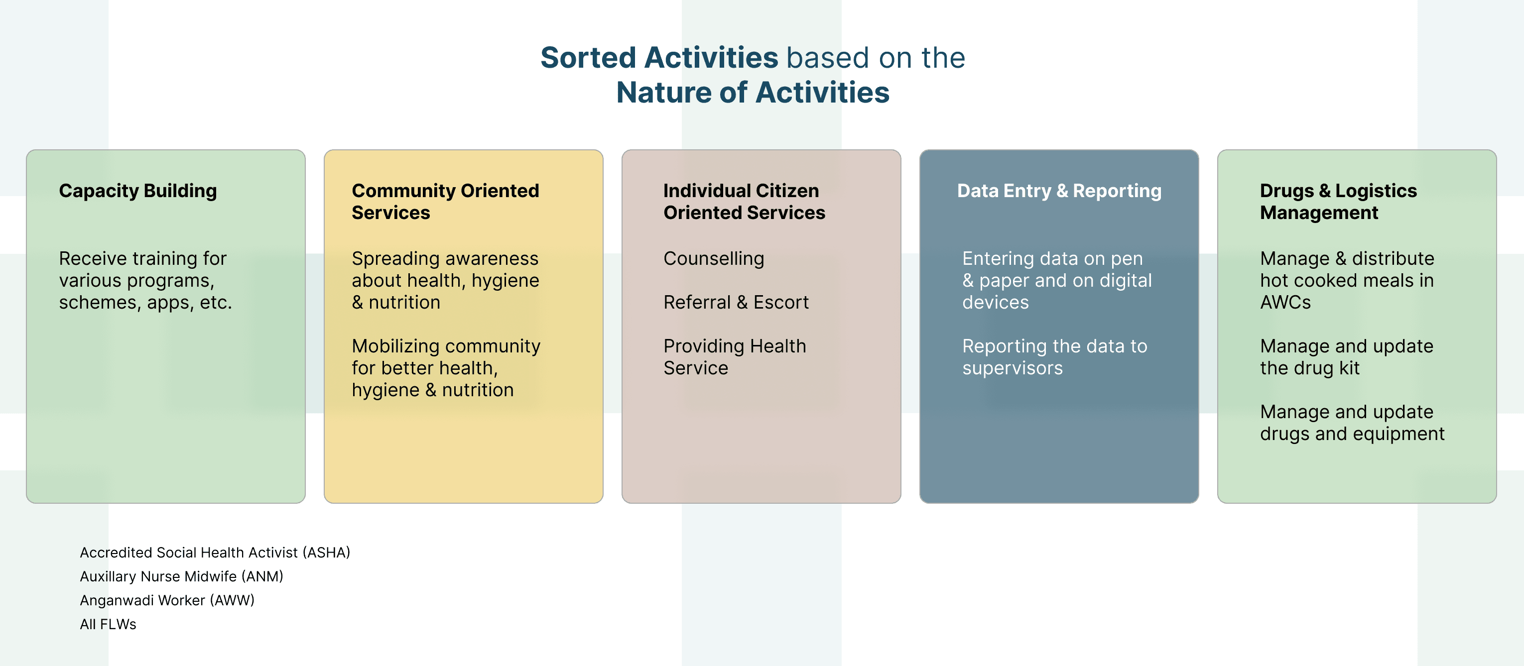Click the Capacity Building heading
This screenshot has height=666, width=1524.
138,191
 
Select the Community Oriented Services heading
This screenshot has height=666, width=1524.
445,202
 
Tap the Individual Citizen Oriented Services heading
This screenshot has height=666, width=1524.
744,202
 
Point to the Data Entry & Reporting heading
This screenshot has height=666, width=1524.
1059,191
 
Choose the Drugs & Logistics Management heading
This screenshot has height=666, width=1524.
1338,202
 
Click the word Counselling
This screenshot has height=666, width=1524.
714,258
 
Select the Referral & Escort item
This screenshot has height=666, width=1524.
736,302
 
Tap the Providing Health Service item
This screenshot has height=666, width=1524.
734,357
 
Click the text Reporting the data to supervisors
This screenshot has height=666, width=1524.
1054,357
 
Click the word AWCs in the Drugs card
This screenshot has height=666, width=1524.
1285,302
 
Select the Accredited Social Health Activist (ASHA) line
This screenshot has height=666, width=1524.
215,553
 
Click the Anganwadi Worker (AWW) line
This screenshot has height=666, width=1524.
167,600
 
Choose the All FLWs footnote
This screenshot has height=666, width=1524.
108,624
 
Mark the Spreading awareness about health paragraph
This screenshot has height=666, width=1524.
445,280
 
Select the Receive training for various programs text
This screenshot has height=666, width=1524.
145,280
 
